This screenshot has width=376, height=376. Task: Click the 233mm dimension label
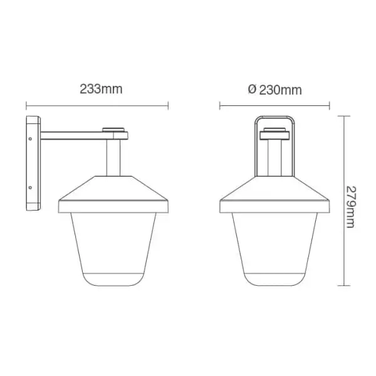pos(101,89)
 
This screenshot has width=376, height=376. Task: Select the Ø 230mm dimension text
pos(275,90)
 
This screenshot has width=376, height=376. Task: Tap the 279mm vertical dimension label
pos(351,207)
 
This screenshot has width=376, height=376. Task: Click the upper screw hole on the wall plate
pos(30,139)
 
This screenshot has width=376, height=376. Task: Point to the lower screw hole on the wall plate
pos(30,187)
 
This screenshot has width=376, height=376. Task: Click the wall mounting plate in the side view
pos(33,164)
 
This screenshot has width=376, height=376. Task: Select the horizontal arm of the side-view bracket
pos(84,135)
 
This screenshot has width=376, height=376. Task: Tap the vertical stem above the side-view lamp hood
pos(113,158)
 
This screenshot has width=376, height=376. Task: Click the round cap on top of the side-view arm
pos(113,130)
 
